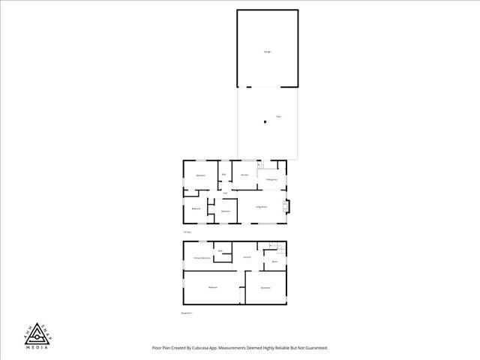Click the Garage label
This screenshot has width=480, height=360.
click(x=267, y=52)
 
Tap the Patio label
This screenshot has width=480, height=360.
click(x=278, y=117)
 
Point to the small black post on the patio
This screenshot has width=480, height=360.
click(x=264, y=121)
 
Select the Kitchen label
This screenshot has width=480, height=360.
click(x=244, y=175)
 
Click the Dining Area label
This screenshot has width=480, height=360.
click(x=271, y=180)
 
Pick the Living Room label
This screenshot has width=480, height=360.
click(x=262, y=205)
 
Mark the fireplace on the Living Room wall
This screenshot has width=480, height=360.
click(x=285, y=206)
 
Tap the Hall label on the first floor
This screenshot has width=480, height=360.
click(x=225, y=193)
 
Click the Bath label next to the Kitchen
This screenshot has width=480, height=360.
click(x=223, y=175)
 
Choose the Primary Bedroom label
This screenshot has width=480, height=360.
click(x=201, y=258)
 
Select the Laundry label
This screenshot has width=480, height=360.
click(x=247, y=258)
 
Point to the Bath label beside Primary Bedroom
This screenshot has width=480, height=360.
click(x=220, y=250)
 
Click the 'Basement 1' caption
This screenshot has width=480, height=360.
click(x=187, y=313)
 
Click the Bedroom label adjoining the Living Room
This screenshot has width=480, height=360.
click(x=225, y=211)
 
